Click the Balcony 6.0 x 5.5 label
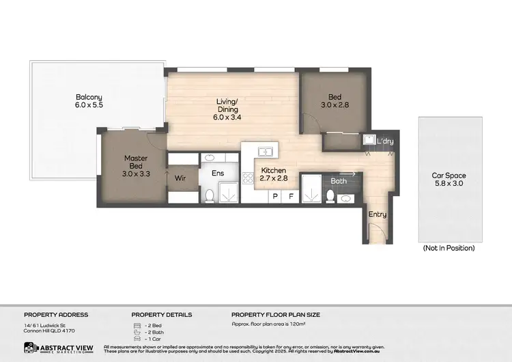click(x=89, y=101)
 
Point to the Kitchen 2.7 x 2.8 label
click(x=274, y=174)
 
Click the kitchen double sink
click(x=264, y=152)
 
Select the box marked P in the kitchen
click(x=275, y=196)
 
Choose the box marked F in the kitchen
click(x=291, y=196)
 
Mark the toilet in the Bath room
click(x=330, y=196)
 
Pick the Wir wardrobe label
click(x=180, y=178)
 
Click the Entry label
click(x=378, y=214)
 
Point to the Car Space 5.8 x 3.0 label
click(x=449, y=180)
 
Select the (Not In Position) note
click(x=449, y=248)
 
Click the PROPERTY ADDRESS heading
click(x=56, y=315)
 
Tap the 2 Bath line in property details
click(x=154, y=332)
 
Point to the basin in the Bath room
click(x=346, y=198)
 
